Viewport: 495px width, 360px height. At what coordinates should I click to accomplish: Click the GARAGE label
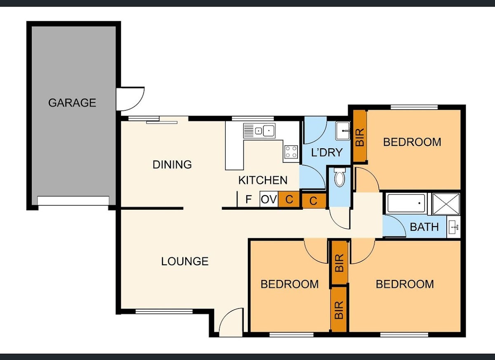(72, 103)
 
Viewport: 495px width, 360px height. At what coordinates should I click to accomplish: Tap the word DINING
(172, 165)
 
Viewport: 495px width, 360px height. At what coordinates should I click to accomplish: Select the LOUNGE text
(185, 261)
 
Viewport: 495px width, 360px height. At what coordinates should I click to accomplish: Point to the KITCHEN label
(263, 180)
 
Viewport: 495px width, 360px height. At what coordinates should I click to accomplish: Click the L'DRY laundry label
(327, 152)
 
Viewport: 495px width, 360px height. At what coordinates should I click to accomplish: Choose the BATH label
(424, 227)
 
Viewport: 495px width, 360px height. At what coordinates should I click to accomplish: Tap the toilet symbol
(339, 177)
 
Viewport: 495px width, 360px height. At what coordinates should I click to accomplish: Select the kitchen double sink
(259, 131)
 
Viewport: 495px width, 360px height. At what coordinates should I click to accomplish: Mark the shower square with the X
(446, 204)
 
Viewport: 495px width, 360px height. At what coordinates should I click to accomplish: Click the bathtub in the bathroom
(407, 203)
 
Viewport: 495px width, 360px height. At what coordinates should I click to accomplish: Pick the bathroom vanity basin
(453, 227)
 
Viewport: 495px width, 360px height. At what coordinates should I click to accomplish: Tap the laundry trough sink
(343, 131)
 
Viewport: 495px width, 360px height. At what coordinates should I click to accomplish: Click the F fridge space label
(249, 199)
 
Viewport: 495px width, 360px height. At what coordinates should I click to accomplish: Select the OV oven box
(269, 199)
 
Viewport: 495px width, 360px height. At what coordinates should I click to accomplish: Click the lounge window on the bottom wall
(164, 312)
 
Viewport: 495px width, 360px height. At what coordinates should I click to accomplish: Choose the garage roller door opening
(73, 201)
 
